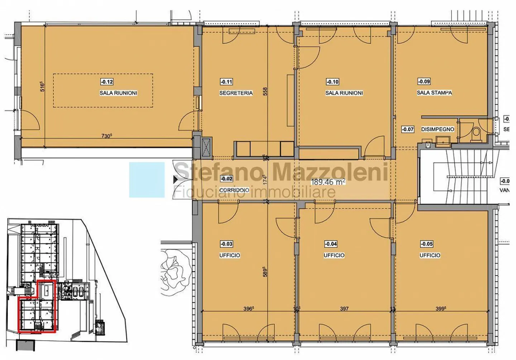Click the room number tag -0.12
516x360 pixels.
point(107,82)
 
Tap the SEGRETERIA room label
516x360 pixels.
point(236,93)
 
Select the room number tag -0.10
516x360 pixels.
point(332,82)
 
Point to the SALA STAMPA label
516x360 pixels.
point(434,93)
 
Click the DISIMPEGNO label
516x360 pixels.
point(438,129)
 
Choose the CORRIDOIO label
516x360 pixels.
point(234,190)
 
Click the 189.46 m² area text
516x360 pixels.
point(328,182)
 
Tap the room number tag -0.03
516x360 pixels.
point(226,244)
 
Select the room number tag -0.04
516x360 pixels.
point(330,244)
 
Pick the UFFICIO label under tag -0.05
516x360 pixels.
point(430,255)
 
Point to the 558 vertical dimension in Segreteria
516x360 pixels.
point(266,92)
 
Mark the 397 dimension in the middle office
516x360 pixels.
point(344,308)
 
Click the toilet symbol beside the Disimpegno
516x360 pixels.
point(476,133)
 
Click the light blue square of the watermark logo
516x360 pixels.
point(147,180)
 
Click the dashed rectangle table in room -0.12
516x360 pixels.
point(103,91)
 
